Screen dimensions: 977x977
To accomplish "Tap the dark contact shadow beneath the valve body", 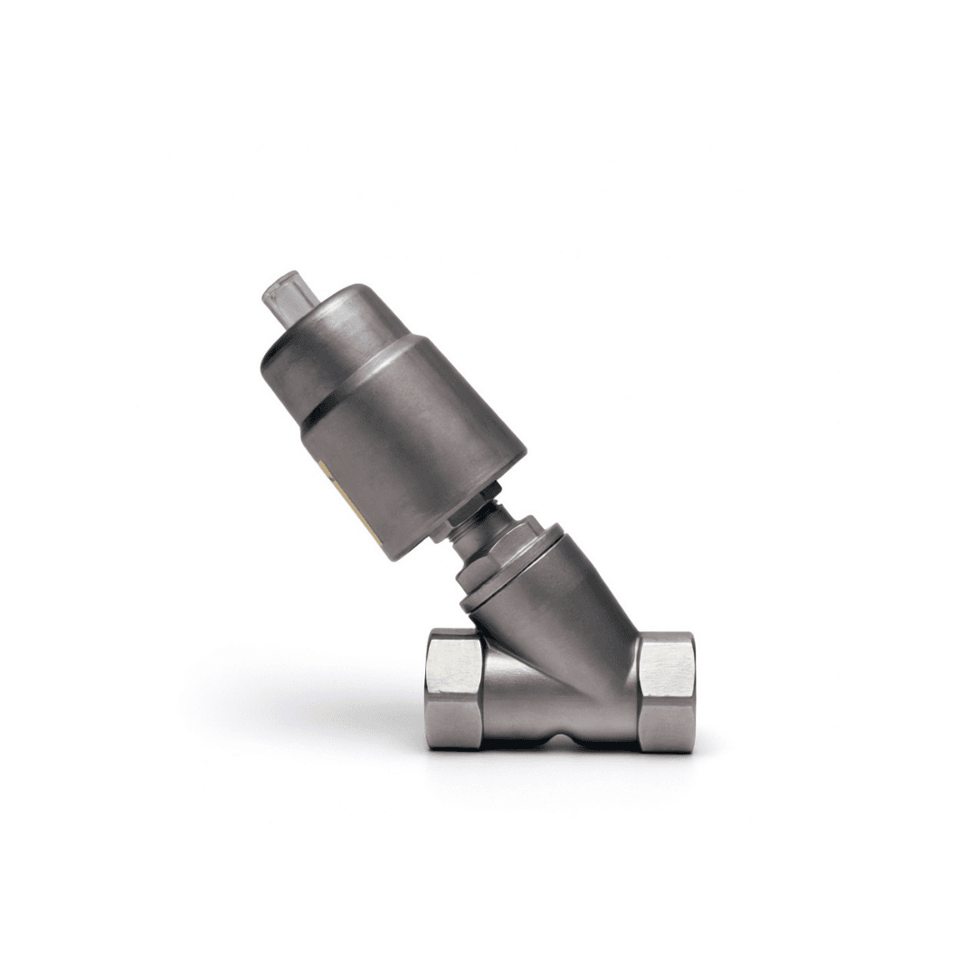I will [x=543, y=753].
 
